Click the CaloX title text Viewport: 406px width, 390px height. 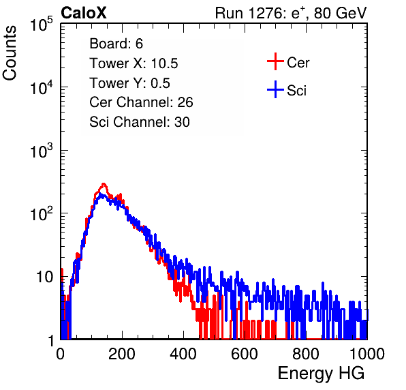click(x=83, y=13)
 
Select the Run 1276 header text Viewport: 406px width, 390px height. click(x=291, y=13)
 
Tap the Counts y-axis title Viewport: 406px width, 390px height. click(x=10, y=53)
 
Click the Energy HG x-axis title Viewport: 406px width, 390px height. click(x=321, y=374)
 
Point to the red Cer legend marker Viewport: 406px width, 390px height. click(x=275, y=61)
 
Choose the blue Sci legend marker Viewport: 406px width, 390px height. click(x=275, y=89)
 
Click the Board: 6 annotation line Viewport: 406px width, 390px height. click(x=116, y=44)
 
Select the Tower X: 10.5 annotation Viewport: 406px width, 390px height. click(x=134, y=63)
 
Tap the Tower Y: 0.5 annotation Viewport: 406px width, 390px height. click(x=129, y=83)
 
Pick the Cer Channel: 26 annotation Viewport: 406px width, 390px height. click(x=141, y=102)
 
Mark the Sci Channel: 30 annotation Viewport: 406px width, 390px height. click(x=140, y=122)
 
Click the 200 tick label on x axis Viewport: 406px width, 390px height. click(x=122, y=354)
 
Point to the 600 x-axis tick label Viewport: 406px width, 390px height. click(x=245, y=354)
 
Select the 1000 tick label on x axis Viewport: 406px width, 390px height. click(x=367, y=354)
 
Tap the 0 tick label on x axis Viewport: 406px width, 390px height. click(x=61, y=354)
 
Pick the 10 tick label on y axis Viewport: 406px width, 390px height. click(x=46, y=277)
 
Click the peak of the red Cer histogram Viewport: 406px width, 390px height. click(x=104, y=184)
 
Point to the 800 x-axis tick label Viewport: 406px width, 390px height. click(x=306, y=354)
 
